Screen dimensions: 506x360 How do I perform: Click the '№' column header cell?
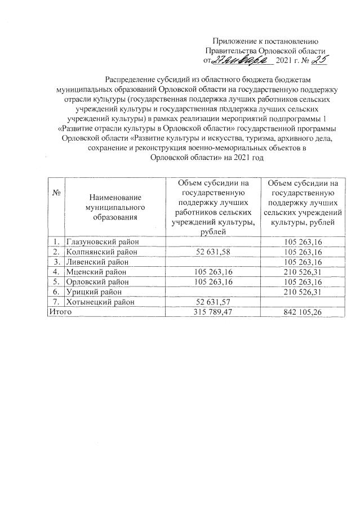click(56, 192)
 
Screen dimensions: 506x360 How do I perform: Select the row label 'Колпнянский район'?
click(101, 252)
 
